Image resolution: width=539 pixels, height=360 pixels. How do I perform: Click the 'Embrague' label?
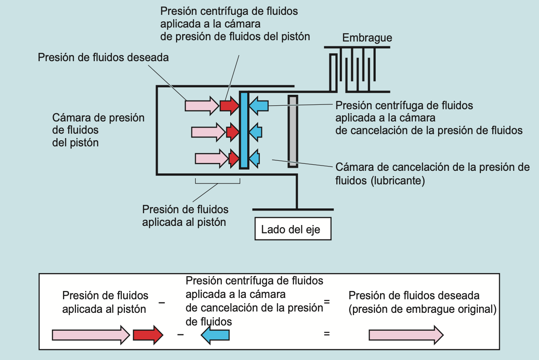[x=367, y=38]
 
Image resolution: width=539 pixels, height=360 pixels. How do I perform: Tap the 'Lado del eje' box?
[x=293, y=229]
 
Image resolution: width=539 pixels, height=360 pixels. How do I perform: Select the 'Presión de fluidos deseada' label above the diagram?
[x=103, y=57]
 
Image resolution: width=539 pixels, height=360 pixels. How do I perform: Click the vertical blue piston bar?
[x=244, y=130]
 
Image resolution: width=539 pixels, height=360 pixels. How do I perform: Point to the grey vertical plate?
[x=293, y=132]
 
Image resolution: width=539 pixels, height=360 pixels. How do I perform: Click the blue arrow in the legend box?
[x=215, y=335]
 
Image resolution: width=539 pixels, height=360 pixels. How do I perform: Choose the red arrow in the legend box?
[x=148, y=335]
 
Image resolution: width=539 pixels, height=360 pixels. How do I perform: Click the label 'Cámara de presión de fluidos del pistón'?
[x=98, y=130]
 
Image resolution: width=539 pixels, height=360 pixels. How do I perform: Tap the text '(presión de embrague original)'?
[x=422, y=309]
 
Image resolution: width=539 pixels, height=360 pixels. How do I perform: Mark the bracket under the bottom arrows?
[x=218, y=182]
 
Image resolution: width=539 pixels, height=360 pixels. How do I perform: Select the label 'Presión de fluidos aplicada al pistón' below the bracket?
[x=185, y=215]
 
